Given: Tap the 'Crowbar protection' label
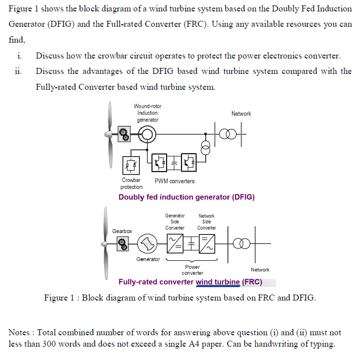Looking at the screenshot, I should (131, 183).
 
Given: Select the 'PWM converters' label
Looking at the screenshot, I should (175, 181).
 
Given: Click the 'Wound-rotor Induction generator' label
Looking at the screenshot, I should (147, 113).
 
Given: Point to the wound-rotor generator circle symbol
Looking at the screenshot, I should (147, 134).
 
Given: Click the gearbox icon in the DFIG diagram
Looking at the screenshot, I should (124, 134).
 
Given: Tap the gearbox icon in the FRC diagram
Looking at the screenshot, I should (122, 243).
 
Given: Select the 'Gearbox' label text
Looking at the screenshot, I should (122, 231).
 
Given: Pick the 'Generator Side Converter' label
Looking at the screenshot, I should (175, 222).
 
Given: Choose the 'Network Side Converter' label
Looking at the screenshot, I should (206, 222).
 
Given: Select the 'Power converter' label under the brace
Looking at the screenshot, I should (192, 270).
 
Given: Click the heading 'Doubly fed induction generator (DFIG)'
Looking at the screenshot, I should (186, 197).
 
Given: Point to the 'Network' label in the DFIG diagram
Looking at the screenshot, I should (241, 114).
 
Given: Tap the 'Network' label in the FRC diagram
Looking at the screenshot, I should (260, 270).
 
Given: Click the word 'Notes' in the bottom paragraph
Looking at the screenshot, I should (20, 332).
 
